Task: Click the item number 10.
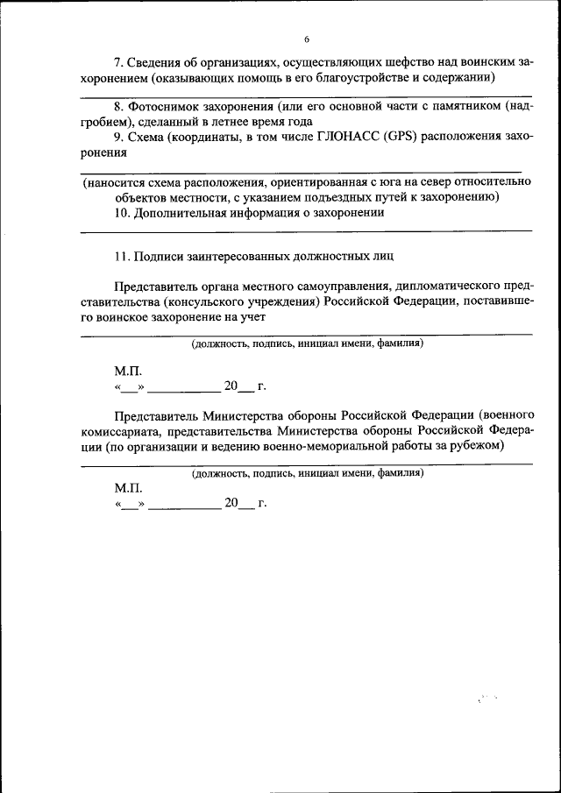click(122, 212)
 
